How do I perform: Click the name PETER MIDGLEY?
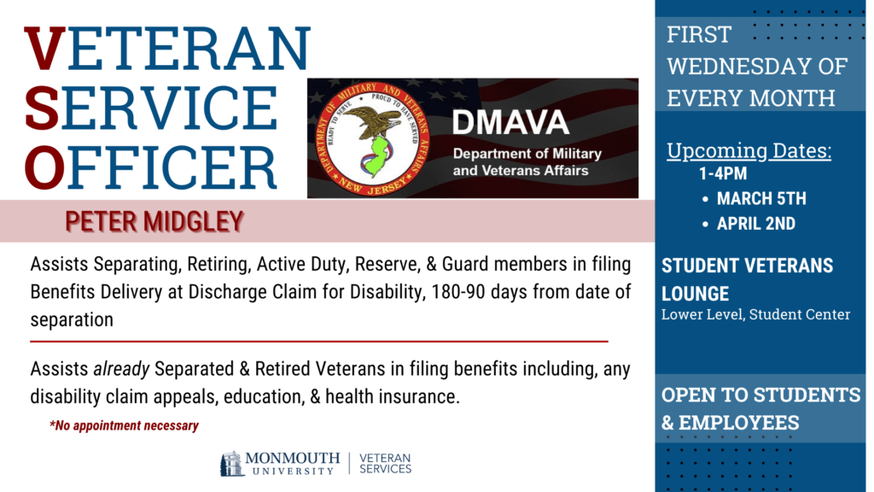(154, 222)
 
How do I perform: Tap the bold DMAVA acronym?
(510, 123)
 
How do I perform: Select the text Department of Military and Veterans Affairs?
(527, 162)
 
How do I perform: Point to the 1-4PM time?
(722, 175)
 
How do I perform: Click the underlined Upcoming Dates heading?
(749, 151)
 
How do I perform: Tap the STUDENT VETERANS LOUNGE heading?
(747, 279)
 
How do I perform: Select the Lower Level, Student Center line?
(755, 314)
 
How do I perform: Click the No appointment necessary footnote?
(125, 425)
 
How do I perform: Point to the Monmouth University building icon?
(231, 463)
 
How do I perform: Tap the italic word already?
(119, 369)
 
